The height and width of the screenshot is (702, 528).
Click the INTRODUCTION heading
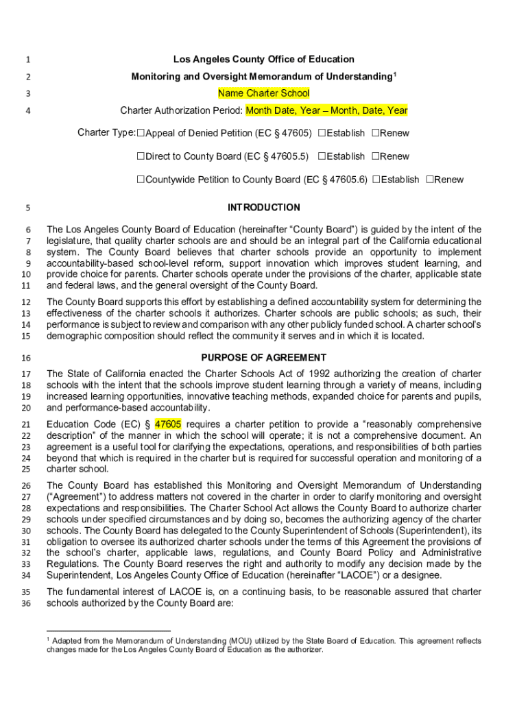pos(263,207)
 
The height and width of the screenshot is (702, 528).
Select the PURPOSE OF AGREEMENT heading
pos(263,358)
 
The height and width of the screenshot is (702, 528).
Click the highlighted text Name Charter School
pos(263,93)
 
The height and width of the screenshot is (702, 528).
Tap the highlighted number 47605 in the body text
pos(168,424)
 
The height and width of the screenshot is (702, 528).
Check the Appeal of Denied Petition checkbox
pos(141,133)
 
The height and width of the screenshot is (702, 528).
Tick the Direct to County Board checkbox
pos(141,156)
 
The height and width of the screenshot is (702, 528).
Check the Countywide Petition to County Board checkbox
pos(141,180)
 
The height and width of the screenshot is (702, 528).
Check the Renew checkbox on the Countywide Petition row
pos(429,180)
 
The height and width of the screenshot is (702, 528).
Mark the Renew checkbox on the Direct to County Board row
pos(375,156)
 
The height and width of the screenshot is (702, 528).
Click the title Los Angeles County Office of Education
pos(263,59)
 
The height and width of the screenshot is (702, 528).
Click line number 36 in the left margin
pos(26,604)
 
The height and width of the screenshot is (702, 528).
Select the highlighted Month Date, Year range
pos(326,110)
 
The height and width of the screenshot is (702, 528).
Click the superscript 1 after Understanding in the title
pos(394,73)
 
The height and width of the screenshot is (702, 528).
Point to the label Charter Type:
pos(106,133)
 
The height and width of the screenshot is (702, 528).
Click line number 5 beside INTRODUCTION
pos(27,208)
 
